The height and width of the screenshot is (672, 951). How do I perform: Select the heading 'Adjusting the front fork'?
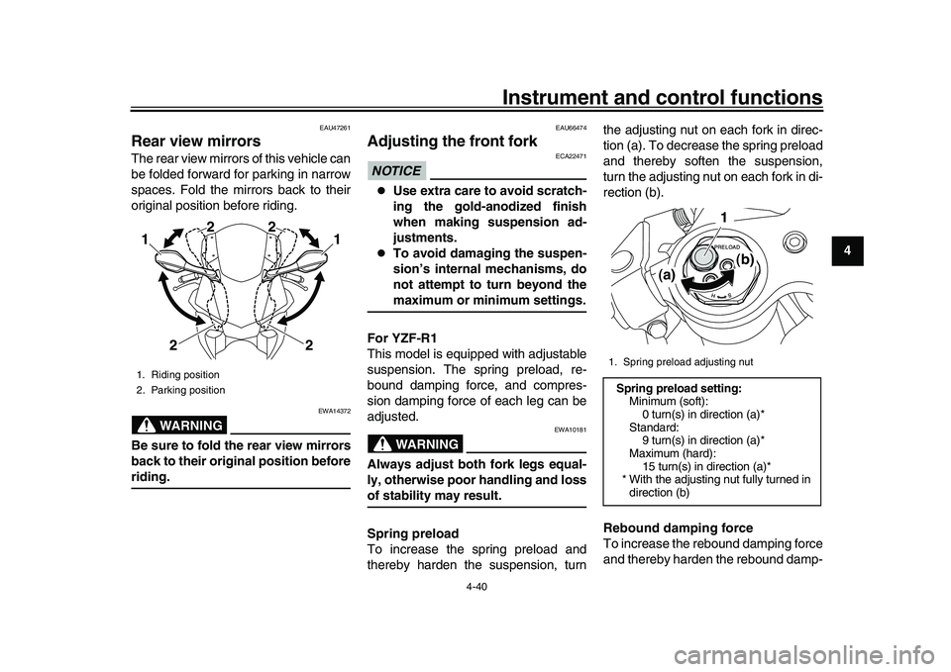coord(453,141)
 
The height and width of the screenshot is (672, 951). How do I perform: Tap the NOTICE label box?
coord(396,170)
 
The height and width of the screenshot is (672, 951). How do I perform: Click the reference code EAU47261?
coord(334,128)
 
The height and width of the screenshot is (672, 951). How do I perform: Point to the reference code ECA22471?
coord(573,156)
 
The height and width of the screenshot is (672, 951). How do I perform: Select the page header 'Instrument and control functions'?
coord(662,96)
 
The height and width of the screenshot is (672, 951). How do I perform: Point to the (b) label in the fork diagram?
coord(745,258)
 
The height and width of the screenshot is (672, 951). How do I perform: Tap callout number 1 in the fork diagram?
coord(723,217)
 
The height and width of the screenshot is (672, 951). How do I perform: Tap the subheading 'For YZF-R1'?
coord(402,338)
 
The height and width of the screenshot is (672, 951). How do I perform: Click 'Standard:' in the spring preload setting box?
coord(653,427)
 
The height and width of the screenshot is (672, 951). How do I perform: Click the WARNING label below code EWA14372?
coord(186,426)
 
